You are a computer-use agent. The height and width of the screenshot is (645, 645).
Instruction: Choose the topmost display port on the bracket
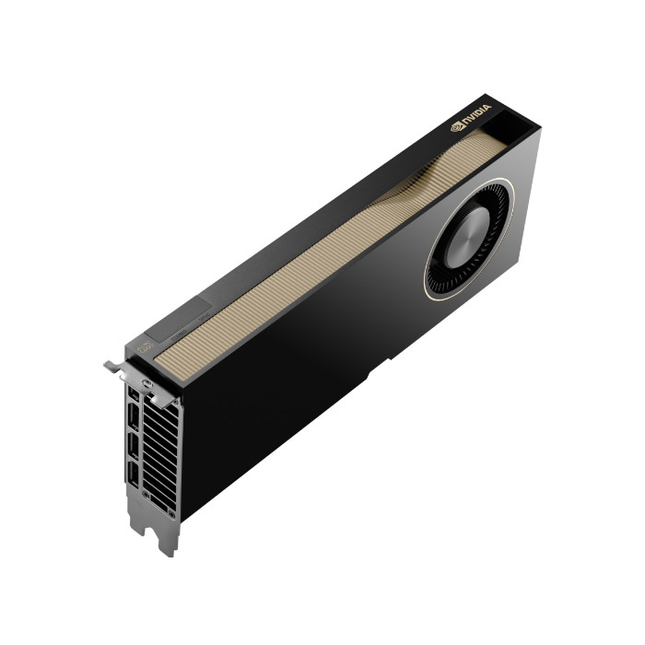point(136,395)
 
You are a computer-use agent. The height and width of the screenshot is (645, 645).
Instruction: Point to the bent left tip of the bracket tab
point(109,365)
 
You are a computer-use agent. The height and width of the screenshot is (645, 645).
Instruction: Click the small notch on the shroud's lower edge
point(369,375)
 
